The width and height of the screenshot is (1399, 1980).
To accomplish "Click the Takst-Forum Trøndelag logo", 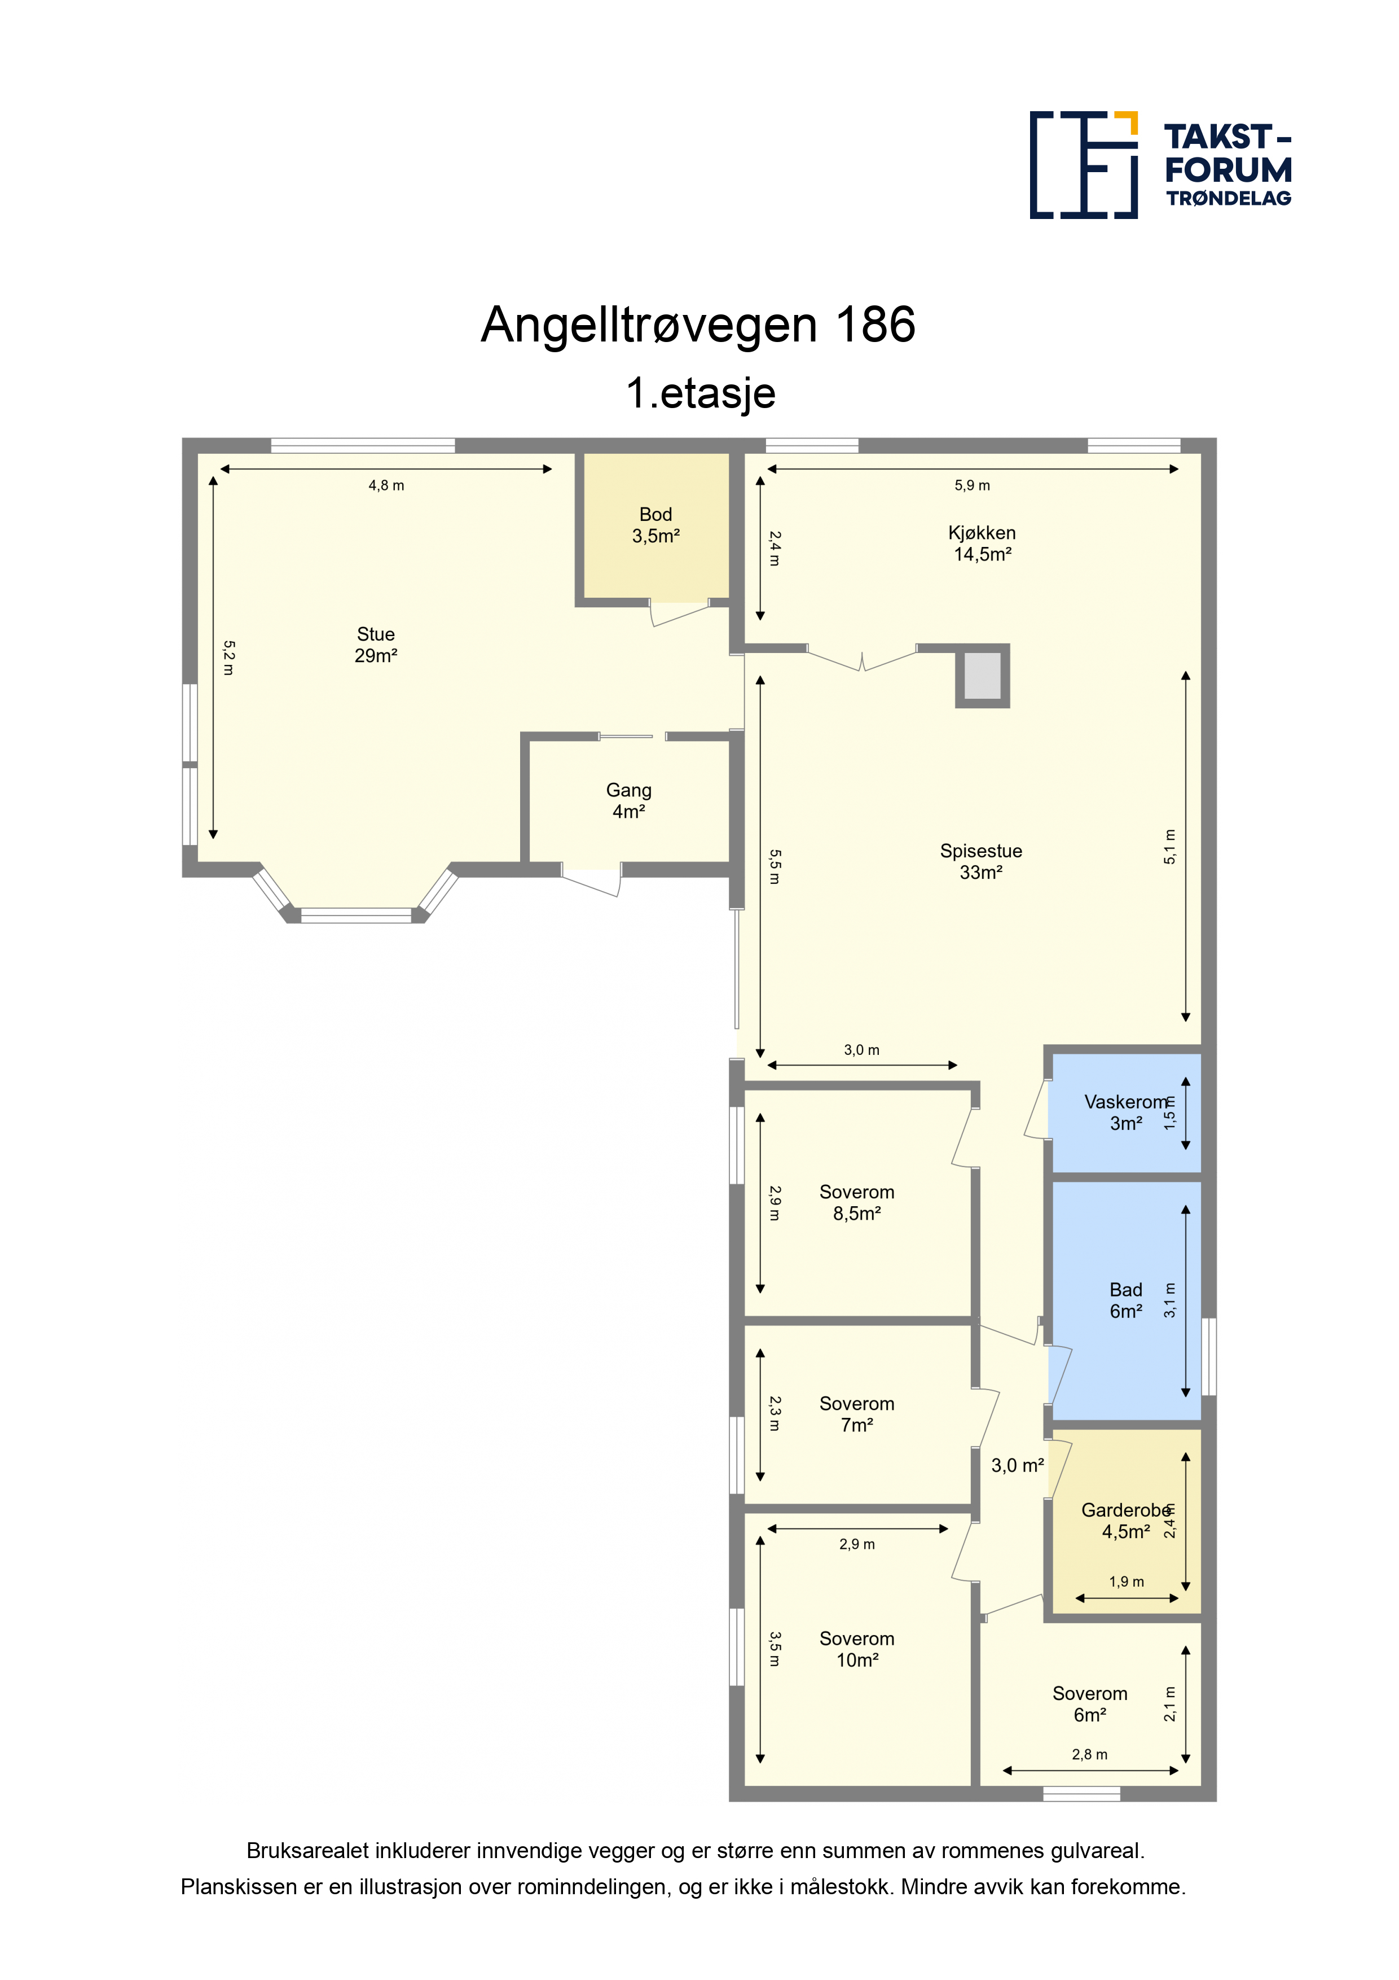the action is click(x=1160, y=165).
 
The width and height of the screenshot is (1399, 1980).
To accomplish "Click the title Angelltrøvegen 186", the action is click(x=698, y=325).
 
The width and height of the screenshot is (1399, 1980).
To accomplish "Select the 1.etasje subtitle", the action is click(x=701, y=393).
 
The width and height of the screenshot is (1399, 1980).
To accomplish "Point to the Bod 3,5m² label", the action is click(x=656, y=525).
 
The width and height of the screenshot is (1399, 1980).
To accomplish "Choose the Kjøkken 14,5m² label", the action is click(x=982, y=544).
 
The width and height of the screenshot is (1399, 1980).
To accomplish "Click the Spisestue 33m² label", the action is click(x=981, y=861).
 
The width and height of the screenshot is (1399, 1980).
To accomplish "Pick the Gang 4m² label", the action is click(x=628, y=800).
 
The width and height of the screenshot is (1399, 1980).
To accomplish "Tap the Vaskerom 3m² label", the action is click(x=1126, y=1112).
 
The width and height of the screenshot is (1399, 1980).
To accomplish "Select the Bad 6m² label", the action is click(x=1126, y=1300).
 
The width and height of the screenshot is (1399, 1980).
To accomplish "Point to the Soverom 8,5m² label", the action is click(x=857, y=1202).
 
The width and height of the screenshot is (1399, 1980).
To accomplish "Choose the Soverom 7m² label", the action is click(x=857, y=1414).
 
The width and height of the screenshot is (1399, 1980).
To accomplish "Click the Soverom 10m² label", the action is click(x=857, y=1649).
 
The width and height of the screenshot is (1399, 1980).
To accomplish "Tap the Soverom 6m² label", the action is click(x=1089, y=1704).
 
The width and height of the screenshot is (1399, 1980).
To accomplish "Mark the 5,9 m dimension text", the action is click(x=973, y=485).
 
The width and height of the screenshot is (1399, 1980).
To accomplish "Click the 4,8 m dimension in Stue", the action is click(x=386, y=485).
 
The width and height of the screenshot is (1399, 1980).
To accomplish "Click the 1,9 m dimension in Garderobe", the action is click(x=1127, y=1582).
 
